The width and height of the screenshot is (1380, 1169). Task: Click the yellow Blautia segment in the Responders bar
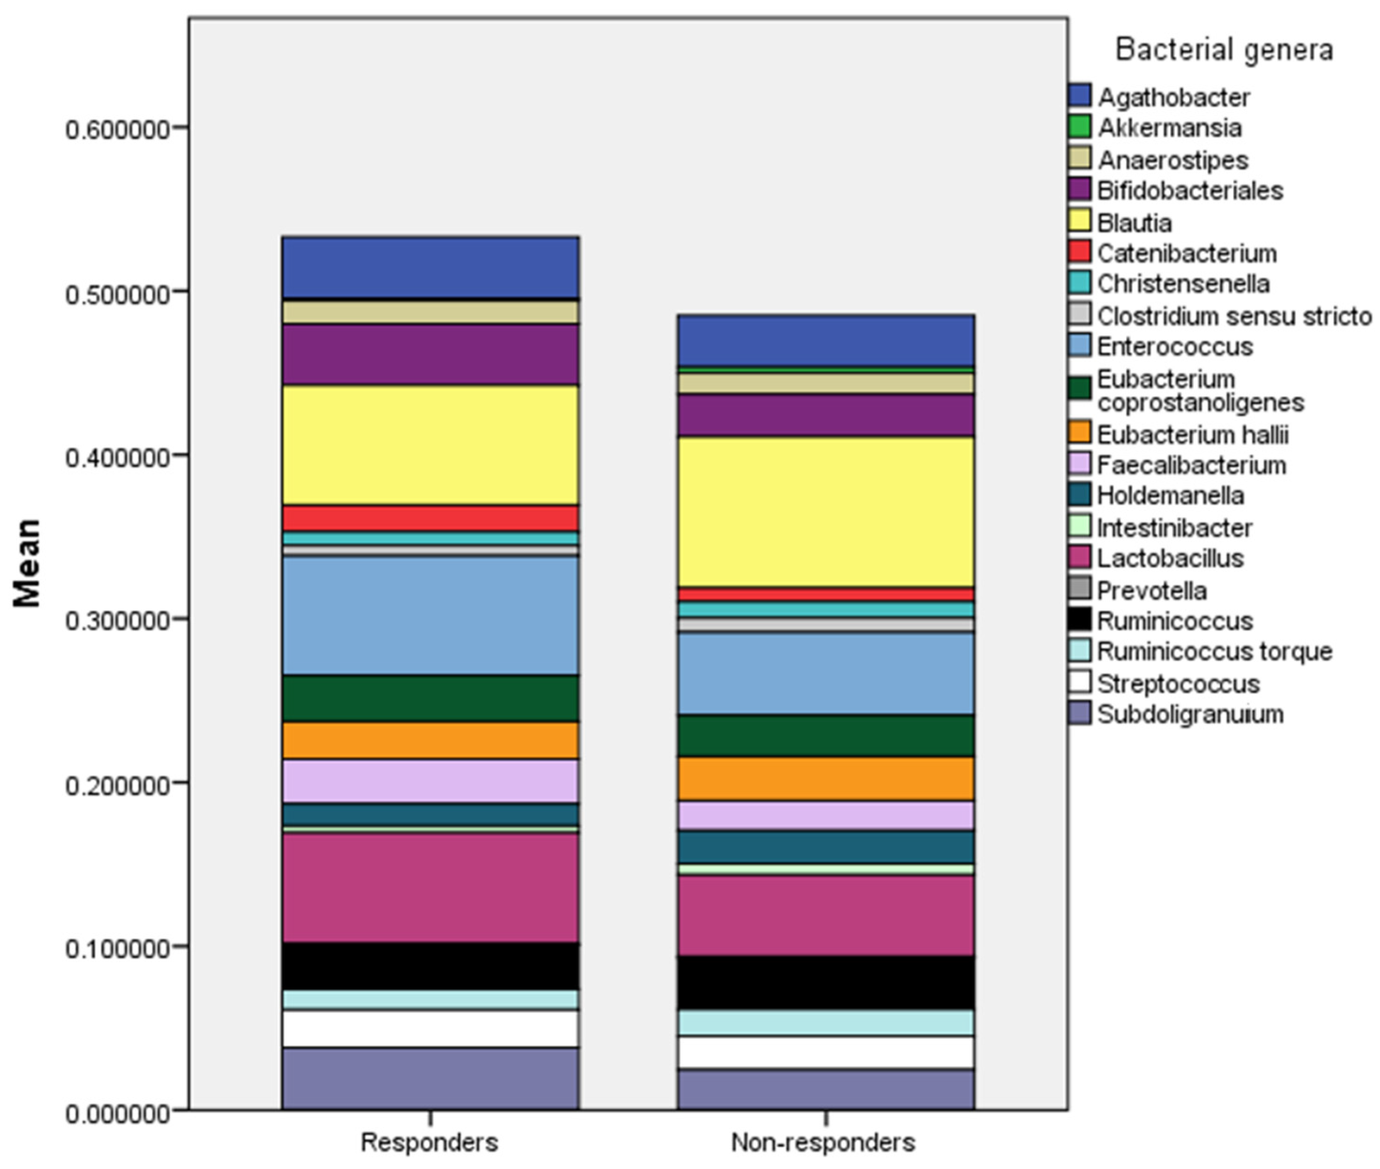[430, 445]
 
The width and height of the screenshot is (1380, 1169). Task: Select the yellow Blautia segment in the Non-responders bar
[825, 511]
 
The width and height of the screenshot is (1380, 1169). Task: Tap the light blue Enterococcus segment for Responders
[430, 616]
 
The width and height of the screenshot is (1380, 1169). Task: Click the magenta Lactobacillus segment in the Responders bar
[430, 887]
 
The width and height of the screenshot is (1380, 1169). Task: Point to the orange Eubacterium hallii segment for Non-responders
[825, 779]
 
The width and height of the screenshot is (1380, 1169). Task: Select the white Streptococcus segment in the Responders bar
[430, 1028]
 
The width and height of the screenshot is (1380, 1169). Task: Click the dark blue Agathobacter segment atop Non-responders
[825, 340]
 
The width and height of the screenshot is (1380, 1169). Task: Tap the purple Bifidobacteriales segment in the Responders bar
[430, 354]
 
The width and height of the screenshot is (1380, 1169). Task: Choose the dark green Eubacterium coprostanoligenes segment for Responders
[430, 698]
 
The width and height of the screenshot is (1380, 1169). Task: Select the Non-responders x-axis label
[823, 1142]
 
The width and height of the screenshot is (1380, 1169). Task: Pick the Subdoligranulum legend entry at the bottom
[1190, 714]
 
